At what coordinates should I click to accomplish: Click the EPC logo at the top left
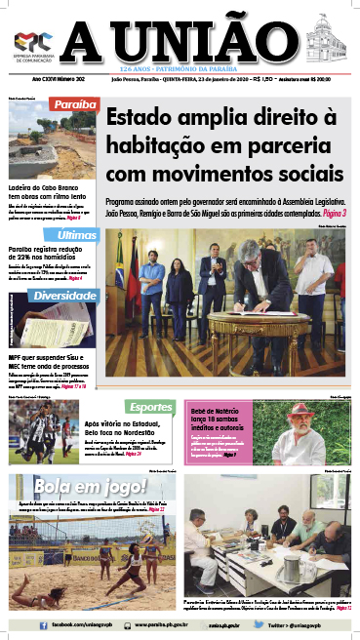pos(27,41)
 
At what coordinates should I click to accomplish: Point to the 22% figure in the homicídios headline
pos(55,260)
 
